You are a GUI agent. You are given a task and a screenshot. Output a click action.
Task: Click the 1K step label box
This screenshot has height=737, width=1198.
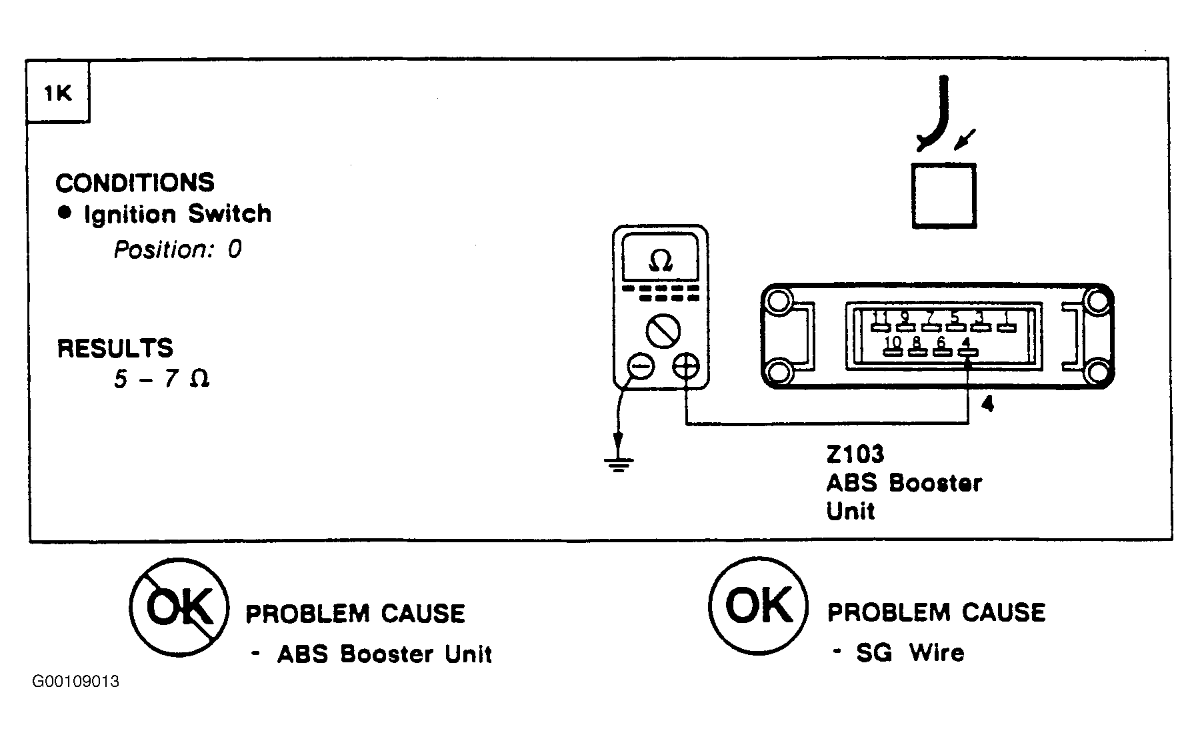click(58, 93)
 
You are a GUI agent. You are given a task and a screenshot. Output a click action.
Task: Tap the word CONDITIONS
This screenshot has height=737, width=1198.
click(135, 183)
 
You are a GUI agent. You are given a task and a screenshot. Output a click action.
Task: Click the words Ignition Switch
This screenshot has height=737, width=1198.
click(177, 214)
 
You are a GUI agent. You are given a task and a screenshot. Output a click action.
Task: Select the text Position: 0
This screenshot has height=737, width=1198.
click(177, 249)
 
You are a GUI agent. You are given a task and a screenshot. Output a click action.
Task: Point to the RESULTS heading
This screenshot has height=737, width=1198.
click(115, 348)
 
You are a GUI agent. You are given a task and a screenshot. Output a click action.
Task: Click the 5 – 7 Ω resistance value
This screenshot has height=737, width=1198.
click(162, 379)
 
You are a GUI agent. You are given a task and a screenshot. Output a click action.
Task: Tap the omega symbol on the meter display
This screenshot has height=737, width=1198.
click(660, 261)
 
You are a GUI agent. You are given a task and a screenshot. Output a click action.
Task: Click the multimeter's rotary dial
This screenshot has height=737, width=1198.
click(663, 331)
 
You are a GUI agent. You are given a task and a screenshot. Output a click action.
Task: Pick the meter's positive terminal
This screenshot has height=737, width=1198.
click(686, 366)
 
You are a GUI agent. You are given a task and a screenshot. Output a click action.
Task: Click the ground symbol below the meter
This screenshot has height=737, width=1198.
click(619, 462)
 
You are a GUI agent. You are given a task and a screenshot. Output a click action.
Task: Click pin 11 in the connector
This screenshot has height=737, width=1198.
click(880, 321)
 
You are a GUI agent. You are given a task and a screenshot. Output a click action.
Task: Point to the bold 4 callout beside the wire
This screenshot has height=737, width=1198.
click(988, 404)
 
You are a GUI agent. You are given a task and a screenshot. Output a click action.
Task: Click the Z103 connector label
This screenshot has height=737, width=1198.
click(855, 454)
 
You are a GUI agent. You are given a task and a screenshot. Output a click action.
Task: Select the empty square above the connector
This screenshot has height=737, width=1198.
click(943, 196)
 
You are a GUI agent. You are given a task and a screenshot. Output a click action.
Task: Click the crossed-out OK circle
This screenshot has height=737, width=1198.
click(179, 606)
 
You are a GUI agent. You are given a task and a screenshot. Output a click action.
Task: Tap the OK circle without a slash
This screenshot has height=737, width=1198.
click(759, 605)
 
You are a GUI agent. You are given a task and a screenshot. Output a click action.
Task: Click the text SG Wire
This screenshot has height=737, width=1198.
click(910, 652)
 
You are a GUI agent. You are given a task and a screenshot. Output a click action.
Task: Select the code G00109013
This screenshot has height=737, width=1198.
click(75, 682)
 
